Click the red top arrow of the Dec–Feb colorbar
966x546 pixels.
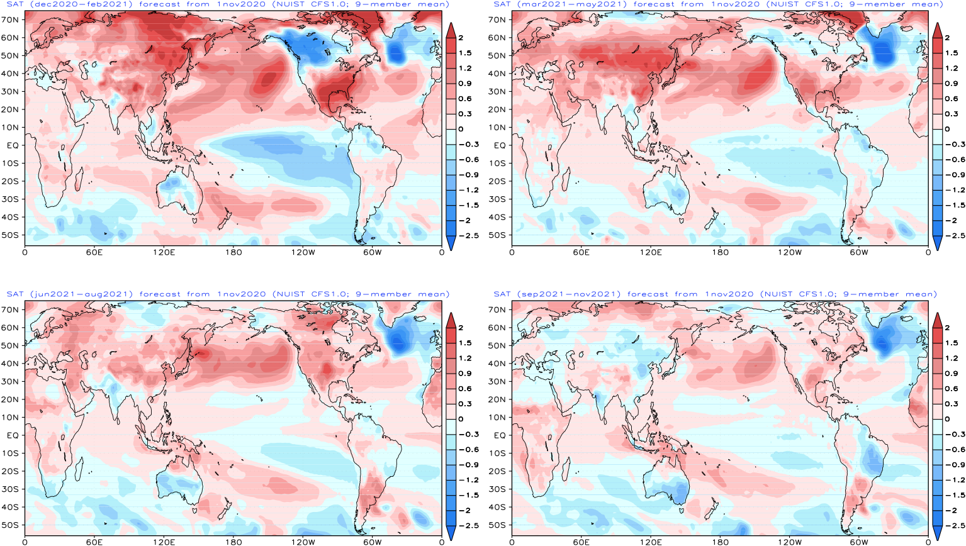pyautogui.click(x=451, y=30)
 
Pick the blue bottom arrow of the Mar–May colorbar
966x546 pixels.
pyautogui.click(x=938, y=243)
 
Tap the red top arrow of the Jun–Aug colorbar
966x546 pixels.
pyautogui.click(x=451, y=320)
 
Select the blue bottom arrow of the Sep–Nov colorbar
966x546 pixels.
pyautogui.click(x=938, y=533)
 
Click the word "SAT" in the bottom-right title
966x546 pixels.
pyautogui.click(x=502, y=294)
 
